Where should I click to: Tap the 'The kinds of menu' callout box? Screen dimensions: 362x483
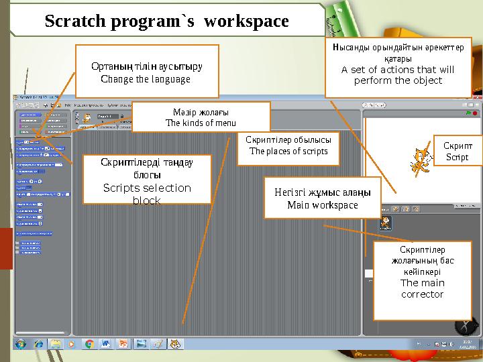pyautogui.click(x=200, y=117)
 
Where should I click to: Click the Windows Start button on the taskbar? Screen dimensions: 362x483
pyautogui.click(x=21, y=344)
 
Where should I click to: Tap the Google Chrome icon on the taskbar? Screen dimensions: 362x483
pyautogui.click(x=89, y=344)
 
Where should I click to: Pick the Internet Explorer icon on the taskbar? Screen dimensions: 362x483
pyautogui.click(x=38, y=344)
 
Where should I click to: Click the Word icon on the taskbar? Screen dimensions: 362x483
pyautogui.click(x=106, y=344)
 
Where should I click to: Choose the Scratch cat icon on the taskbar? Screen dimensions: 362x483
pyautogui.click(x=175, y=344)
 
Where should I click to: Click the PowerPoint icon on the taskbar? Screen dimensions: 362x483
pyautogui.click(x=123, y=344)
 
